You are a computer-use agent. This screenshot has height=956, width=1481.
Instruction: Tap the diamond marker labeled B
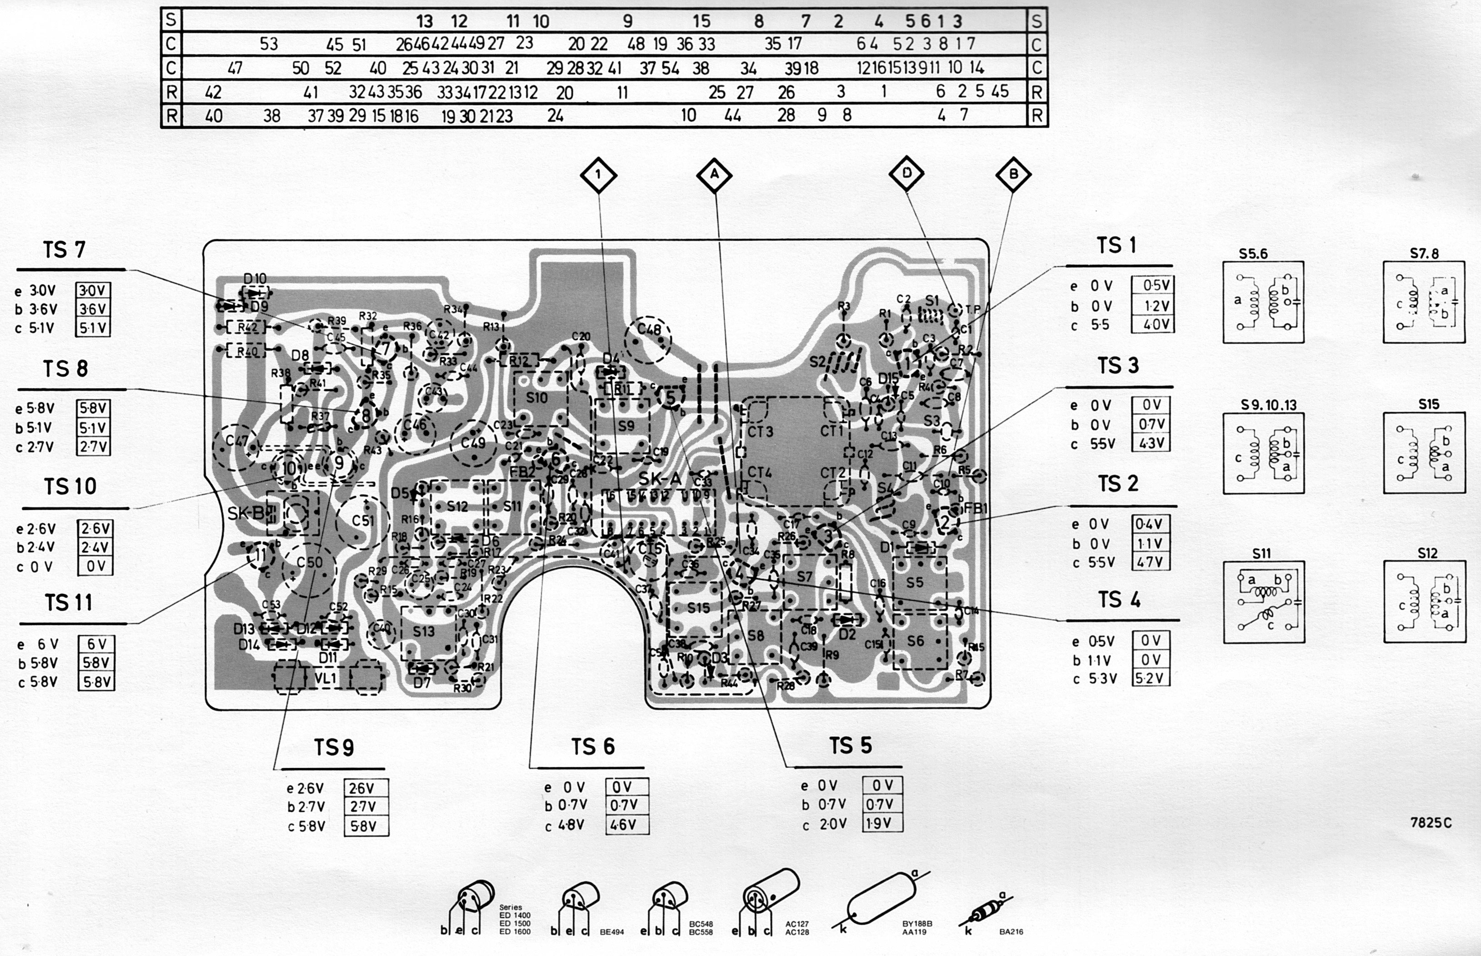click(x=1013, y=175)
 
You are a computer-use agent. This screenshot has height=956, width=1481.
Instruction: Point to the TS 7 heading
click(x=64, y=250)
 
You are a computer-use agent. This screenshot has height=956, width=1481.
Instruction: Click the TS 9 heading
click(x=334, y=747)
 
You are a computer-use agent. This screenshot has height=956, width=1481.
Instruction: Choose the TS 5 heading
click(x=851, y=745)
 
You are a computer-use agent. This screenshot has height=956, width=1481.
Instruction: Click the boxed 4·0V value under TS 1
click(x=1152, y=324)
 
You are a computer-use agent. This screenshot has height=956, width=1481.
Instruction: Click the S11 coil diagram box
click(x=1263, y=602)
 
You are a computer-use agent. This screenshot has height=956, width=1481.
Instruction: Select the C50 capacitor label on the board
click(x=309, y=563)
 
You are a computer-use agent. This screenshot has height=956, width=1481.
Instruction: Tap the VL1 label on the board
click(x=325, y=678)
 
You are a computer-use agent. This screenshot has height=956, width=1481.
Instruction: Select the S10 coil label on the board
click(x=536, y=397)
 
